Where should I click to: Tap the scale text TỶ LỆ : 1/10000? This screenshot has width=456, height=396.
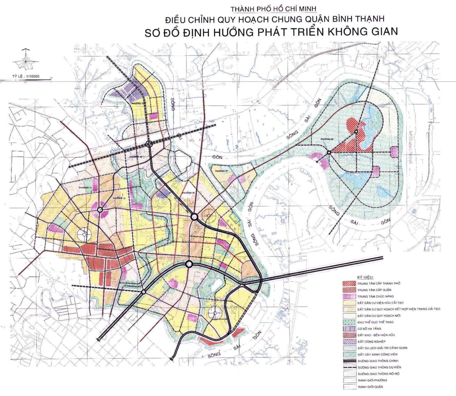26,77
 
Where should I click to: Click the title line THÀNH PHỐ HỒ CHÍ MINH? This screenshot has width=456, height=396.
269,9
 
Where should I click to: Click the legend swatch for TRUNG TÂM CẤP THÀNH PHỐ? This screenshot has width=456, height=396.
349,283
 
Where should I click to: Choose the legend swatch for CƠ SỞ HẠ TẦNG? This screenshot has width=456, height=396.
349,329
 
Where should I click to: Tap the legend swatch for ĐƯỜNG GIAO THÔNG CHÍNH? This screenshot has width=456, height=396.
349,361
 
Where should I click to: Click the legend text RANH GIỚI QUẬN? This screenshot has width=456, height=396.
370,387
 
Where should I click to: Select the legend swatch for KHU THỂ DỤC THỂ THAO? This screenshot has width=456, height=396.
349,322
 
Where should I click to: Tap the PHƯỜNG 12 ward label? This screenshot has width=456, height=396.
119,198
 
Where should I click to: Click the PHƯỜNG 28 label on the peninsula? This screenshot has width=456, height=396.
327,139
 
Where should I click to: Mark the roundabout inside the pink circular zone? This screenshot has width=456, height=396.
100,210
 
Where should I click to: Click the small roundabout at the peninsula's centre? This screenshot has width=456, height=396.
329,153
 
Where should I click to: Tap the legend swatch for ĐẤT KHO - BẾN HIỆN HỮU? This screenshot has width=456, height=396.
349,335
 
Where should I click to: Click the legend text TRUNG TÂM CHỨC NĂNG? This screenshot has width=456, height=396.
375,297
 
